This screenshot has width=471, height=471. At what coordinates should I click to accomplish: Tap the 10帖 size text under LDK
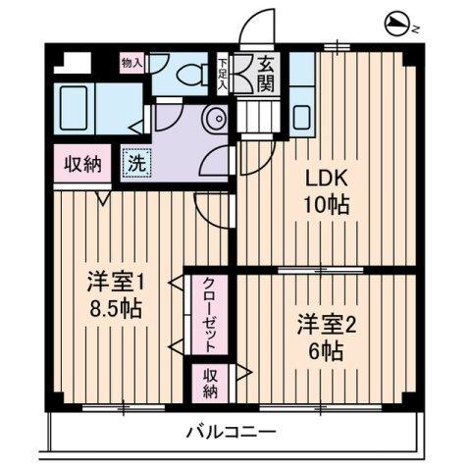[328, 207]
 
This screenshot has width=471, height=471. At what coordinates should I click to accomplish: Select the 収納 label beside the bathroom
[83, 165]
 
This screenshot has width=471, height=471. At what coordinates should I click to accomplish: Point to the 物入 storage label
[131, 63]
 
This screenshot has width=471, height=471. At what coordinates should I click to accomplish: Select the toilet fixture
[185, 75]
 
